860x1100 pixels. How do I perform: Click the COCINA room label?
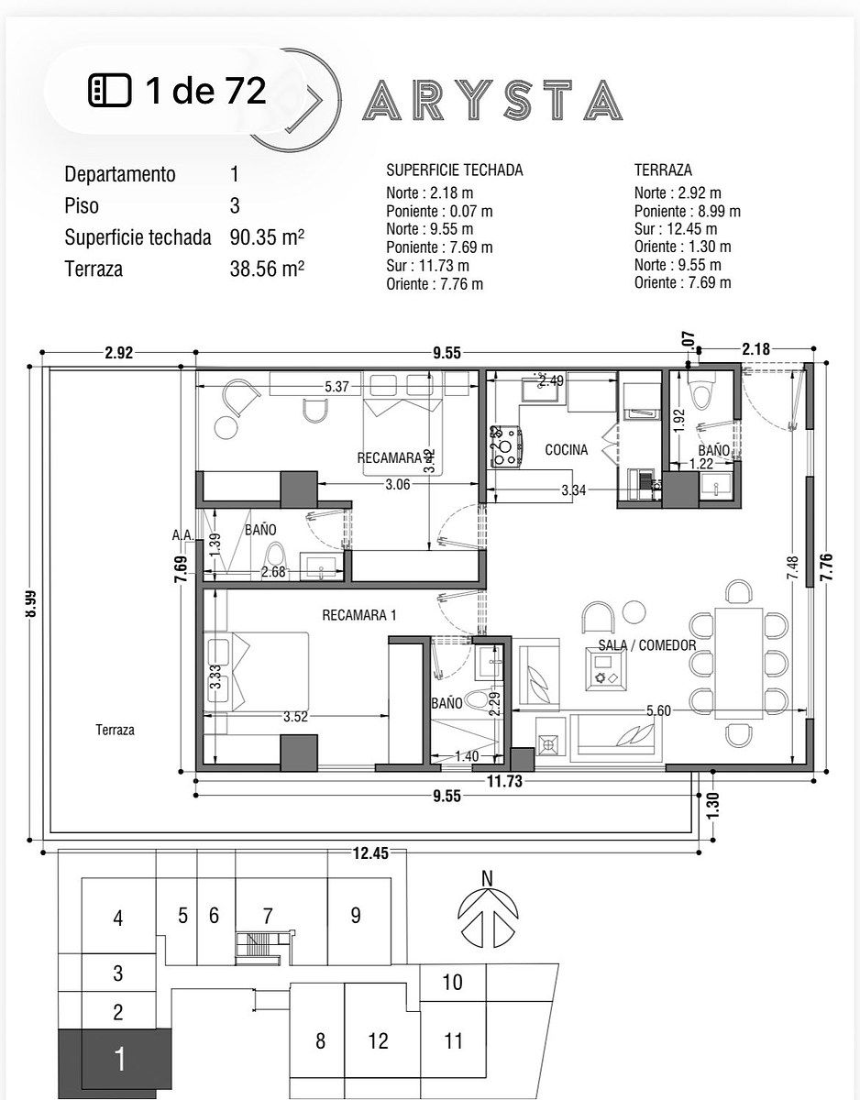click(566, 449)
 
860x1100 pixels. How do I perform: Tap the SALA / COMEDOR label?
click(647, 645)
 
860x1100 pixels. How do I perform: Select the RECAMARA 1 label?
click(358, 615)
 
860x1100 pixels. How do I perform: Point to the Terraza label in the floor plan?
click(115, 730)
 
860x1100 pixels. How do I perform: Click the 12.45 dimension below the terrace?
click(370, 853)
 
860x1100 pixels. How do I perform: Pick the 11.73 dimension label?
click(504, 781)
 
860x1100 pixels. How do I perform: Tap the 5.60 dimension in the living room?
click(658, 710)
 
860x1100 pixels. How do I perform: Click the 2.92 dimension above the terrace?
click(119, 352)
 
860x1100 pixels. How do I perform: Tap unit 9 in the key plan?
click(356, 915)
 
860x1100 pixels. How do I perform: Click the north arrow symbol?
click(488, 914)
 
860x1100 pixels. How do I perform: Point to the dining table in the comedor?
click(739, 663)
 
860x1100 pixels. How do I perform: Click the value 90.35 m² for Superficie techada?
click(267, 236)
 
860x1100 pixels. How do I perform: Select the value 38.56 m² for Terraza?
click(267, 269)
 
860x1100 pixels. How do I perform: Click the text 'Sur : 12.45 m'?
click(675, 229)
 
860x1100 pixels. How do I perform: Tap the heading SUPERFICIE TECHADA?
click(454, 170)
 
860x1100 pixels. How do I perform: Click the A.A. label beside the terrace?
click(182, 534)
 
